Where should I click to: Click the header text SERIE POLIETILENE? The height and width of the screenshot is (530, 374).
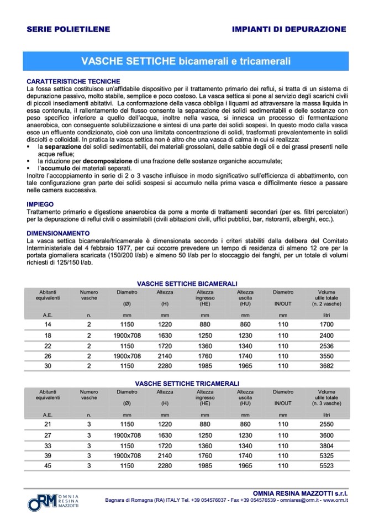coord(68,29)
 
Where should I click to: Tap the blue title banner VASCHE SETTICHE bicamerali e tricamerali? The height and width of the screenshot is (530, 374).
coord(186,59)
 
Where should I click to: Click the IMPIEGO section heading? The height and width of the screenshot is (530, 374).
coord(41,204)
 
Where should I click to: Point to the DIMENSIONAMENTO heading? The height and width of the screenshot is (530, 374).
coord(58,233)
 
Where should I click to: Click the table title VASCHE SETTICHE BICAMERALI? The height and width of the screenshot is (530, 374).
coord(187,283)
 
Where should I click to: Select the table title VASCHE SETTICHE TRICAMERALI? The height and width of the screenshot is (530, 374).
coord(187,383)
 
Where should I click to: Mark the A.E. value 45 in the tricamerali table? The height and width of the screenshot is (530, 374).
coord(47,466)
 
